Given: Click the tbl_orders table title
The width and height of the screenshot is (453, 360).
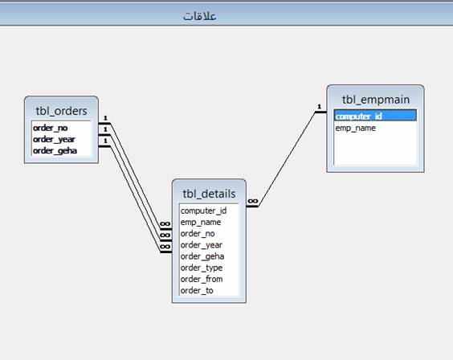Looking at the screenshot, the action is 61,111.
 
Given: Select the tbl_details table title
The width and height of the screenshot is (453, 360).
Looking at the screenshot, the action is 209,194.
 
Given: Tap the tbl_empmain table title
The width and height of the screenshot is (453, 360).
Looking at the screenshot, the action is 376,100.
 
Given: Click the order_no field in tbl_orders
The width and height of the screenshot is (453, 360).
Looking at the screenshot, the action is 51,128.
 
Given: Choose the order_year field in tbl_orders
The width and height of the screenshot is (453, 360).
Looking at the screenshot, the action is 54,140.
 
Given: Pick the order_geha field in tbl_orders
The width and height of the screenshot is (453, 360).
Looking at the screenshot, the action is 55,151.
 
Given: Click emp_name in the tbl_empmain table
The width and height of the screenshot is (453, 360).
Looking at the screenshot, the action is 355,128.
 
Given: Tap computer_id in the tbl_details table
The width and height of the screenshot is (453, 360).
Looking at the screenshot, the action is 203,211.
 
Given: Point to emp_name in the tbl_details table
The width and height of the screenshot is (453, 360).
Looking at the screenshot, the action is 201,222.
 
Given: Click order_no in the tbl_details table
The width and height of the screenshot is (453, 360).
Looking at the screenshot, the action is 198,234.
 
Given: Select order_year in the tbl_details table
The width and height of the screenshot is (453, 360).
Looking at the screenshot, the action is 201,245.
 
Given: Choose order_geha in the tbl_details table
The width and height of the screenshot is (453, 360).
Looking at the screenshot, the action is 202,256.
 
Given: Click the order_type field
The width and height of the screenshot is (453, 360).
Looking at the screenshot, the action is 202,268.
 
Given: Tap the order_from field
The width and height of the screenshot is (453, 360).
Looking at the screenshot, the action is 202,279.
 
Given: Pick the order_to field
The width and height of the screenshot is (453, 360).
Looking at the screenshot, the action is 197,290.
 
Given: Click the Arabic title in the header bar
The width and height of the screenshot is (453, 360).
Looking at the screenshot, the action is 199,16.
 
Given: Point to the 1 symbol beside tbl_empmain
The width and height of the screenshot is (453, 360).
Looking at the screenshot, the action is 319,107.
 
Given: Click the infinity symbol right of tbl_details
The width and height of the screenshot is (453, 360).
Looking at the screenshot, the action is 253,201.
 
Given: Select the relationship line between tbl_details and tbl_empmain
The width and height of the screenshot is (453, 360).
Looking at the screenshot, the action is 287,159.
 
